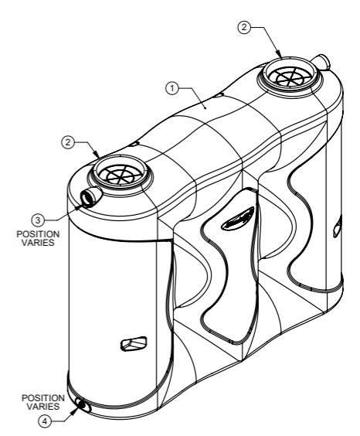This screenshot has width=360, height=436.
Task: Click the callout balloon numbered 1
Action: [x=172, y=88]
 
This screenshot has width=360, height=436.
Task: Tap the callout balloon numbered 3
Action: [x=38, y=220]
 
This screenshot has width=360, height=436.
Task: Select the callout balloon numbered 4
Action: [x=45, y=421]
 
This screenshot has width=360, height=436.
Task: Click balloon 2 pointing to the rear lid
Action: [x=244, y=27]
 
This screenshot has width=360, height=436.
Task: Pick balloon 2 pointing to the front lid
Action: [x=68, y=142]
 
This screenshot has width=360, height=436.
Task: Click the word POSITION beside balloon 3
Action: [x=38, y=234]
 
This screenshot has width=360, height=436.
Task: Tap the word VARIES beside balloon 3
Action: [x=38, y=243]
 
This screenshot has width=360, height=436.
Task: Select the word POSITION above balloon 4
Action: [x=43, y=398]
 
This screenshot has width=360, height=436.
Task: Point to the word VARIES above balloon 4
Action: [x=43, y=407]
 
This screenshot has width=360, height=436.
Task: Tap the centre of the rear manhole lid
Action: [x=290, y=77]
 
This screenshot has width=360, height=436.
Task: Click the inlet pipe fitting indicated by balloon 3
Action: [x=90, y=196]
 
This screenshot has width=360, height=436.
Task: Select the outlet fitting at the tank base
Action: [x=83, y=405]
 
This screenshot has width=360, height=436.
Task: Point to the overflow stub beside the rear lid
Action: [x=321, y=62]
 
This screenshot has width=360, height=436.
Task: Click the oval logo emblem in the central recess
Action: [x=238, y=218]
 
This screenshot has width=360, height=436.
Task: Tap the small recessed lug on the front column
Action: [x=134, y=343]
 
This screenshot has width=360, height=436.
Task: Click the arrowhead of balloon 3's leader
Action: [x=79, y=206]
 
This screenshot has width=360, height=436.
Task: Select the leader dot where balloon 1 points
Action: [x=205, y=108]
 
